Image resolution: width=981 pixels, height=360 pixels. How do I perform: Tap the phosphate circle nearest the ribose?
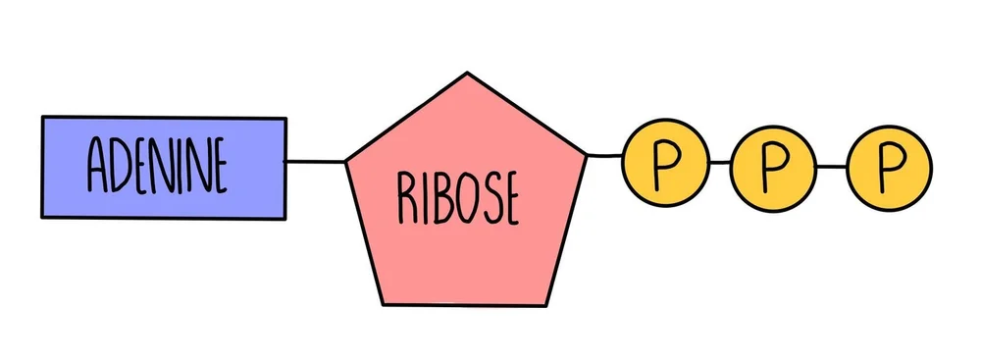tap(664, 165)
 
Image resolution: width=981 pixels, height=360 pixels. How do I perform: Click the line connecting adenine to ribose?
tap(315, 159)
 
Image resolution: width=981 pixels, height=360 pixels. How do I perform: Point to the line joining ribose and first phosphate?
tap(604, 156)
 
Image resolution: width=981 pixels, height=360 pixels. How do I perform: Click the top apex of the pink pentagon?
tap(467, 74)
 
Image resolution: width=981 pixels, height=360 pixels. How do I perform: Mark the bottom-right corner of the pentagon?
tap(547, 304)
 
